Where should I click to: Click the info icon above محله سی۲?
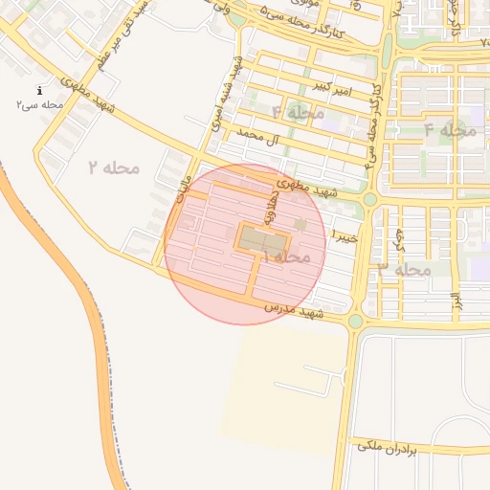[x=39, y=90]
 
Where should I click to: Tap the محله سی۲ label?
[x=39, y=103]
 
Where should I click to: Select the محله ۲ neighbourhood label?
[x=114, y=168]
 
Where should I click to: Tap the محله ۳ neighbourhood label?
[x=405, y=270]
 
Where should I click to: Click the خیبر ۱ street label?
[x=345, y=234]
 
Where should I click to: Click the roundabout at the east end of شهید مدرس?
[x=355, y=322]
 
